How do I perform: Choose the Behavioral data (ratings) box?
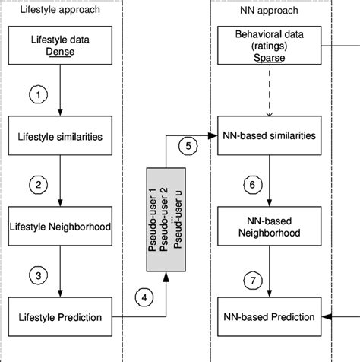click(271, 46)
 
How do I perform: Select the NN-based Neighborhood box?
click(271, 225)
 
